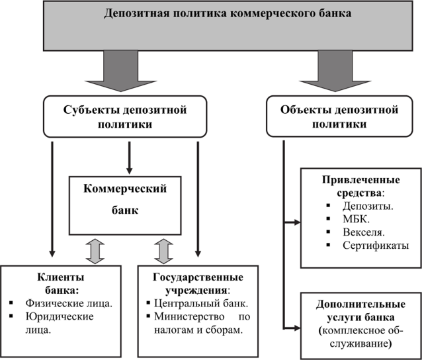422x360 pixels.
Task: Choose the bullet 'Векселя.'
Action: tap(363, 232)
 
